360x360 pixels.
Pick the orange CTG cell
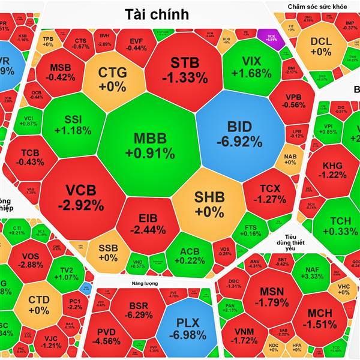(x=113, y=79)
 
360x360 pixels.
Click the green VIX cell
(x=251, y=67)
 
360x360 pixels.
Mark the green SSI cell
(x=73, y=123)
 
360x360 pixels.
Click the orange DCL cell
(x=321, y=47)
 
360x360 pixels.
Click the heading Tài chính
(x=157, y=14)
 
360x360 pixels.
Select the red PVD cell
(x=107, y=336)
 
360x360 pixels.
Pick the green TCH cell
(x=340, y=225)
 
